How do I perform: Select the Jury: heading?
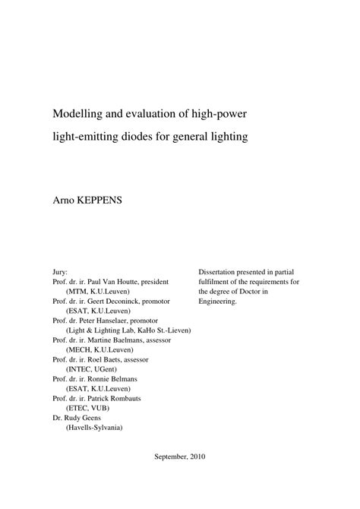[60, 270]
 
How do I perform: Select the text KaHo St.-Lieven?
[164, 333]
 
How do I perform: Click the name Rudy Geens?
[84, 418]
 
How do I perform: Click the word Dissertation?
[220, 270]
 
